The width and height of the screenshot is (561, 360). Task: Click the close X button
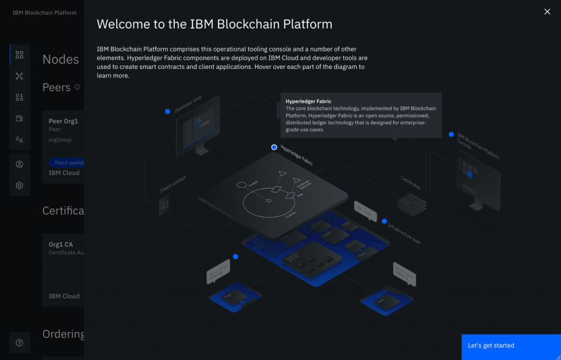point(547,12)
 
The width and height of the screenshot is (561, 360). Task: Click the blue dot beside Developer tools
point(168,111)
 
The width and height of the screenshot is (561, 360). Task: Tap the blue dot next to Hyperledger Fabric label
point(274,147)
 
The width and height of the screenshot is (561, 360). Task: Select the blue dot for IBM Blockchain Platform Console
point(451,134)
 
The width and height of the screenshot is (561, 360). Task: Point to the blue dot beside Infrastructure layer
point(385,221)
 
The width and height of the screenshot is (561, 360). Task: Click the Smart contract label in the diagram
point(173,184)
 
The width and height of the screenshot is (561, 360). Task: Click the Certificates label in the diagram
point(411,182)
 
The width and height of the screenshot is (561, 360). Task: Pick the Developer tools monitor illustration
point(198,124)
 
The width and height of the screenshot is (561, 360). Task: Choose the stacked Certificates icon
point(411,204)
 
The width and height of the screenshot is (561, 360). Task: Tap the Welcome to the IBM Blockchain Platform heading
point(214,24)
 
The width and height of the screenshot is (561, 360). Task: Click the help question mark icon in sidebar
point(20,343)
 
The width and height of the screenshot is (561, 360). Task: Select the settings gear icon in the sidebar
point(20,186)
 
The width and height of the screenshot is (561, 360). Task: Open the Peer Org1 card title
point(64,121)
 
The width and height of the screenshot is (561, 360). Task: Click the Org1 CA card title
point(61,244)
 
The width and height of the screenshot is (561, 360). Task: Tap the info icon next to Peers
point(77,87)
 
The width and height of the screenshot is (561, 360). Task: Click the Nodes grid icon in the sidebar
point(20,55)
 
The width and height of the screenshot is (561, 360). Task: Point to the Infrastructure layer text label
point(404,233)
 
